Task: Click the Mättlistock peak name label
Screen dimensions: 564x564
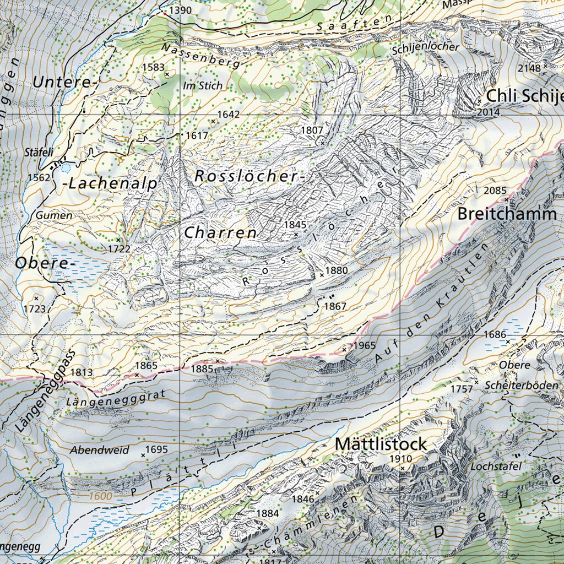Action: coord(381,443)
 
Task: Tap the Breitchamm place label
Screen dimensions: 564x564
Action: coord(507,214)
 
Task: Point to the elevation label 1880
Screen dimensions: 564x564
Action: coord(337,270)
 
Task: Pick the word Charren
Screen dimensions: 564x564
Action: coord(220,232)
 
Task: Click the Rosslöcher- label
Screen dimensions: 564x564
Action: coord(250,176)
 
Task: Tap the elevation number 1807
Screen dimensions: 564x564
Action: coord(312,129)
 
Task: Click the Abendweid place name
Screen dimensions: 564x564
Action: coord(100,450)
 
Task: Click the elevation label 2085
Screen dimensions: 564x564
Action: coord(495,191)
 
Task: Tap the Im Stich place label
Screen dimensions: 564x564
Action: coord(203,85)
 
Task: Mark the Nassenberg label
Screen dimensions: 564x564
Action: coord(201,56)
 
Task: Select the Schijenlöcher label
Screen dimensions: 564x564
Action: coord(426,47)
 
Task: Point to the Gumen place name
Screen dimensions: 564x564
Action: coord(54,215)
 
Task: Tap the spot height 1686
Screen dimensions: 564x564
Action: coord(495,334)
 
